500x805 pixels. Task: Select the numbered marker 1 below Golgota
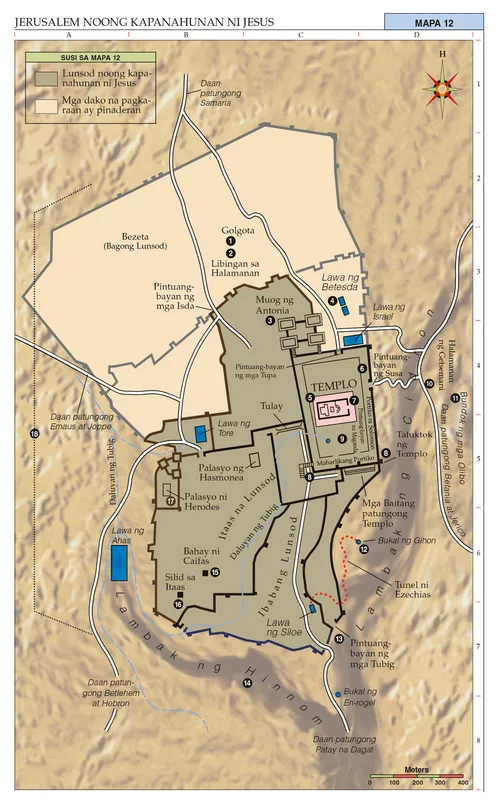230,241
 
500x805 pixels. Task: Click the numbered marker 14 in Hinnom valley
247,683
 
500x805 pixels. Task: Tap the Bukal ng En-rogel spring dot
334,693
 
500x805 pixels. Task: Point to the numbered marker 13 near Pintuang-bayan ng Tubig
339,639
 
